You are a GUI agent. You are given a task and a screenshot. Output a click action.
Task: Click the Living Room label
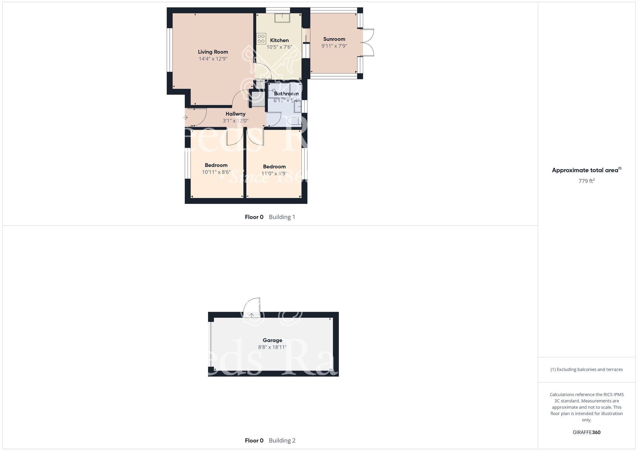pos(213,52)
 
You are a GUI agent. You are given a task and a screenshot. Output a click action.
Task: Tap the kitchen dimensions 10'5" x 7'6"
pos(279,47)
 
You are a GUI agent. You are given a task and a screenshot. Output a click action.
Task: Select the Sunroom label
pos(334,39)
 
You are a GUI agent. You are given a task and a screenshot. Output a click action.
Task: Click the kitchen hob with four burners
pos(261,39)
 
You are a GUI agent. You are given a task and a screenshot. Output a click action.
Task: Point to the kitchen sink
pos(282,18)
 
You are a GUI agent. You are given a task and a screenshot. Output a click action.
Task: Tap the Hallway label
pos(235,114)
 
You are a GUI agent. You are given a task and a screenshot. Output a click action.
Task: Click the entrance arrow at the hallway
pos(185,118)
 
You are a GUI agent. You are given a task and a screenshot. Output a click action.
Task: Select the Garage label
pos(272,340)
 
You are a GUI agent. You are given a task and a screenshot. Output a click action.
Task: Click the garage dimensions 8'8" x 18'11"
pos(272,347)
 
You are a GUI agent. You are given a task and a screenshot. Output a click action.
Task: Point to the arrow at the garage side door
pos(252,315)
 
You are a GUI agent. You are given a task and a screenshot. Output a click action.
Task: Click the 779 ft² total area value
pos(586,181)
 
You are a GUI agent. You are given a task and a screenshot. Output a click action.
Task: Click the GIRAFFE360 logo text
pos(586,433)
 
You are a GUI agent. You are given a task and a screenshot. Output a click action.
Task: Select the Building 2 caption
pos(282,440)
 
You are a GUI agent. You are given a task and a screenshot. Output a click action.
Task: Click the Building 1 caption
pos(282,217)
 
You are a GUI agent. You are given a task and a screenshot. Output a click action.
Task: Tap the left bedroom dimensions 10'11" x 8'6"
pos(216,172)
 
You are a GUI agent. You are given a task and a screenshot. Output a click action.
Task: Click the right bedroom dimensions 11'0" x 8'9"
pos(274,174)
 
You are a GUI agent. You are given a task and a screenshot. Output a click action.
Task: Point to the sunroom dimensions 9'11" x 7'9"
pos(334,46)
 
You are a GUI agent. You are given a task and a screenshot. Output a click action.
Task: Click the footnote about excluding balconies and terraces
pos(586,369)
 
